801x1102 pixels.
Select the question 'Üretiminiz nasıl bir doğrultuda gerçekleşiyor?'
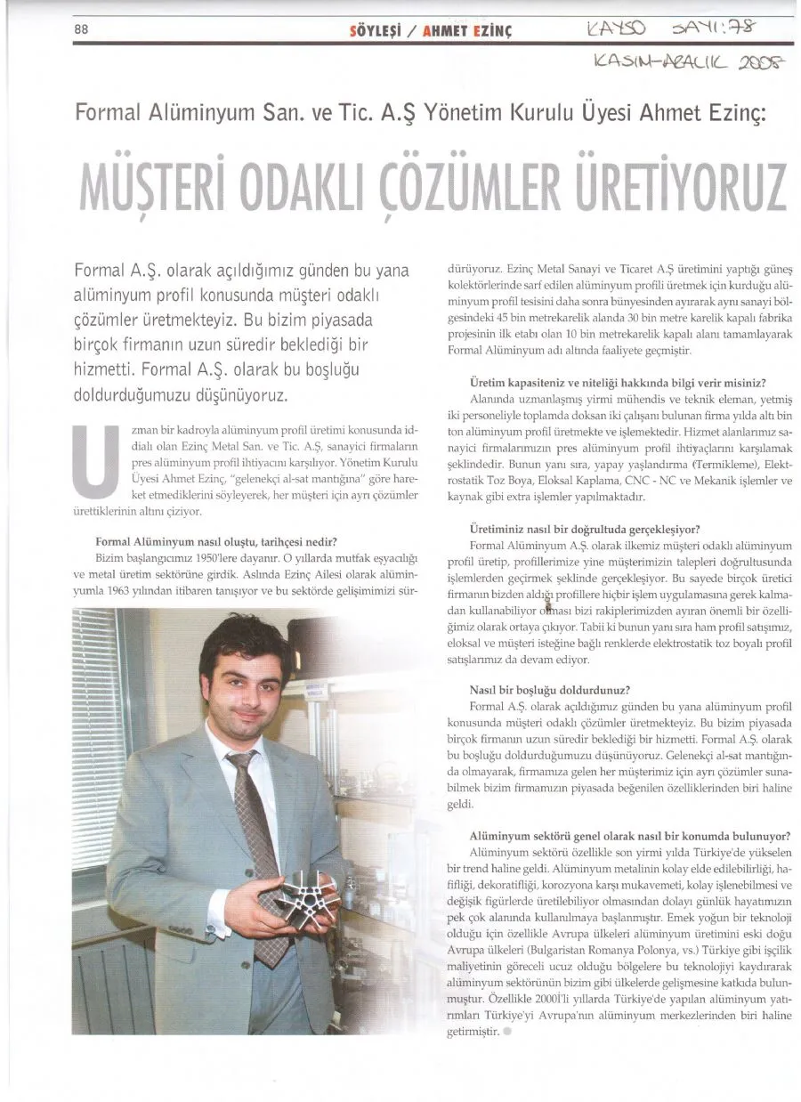pyautogui.click(x=584, y=528)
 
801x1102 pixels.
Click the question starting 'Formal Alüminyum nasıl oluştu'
pyautogui.click(x=214, y=541)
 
